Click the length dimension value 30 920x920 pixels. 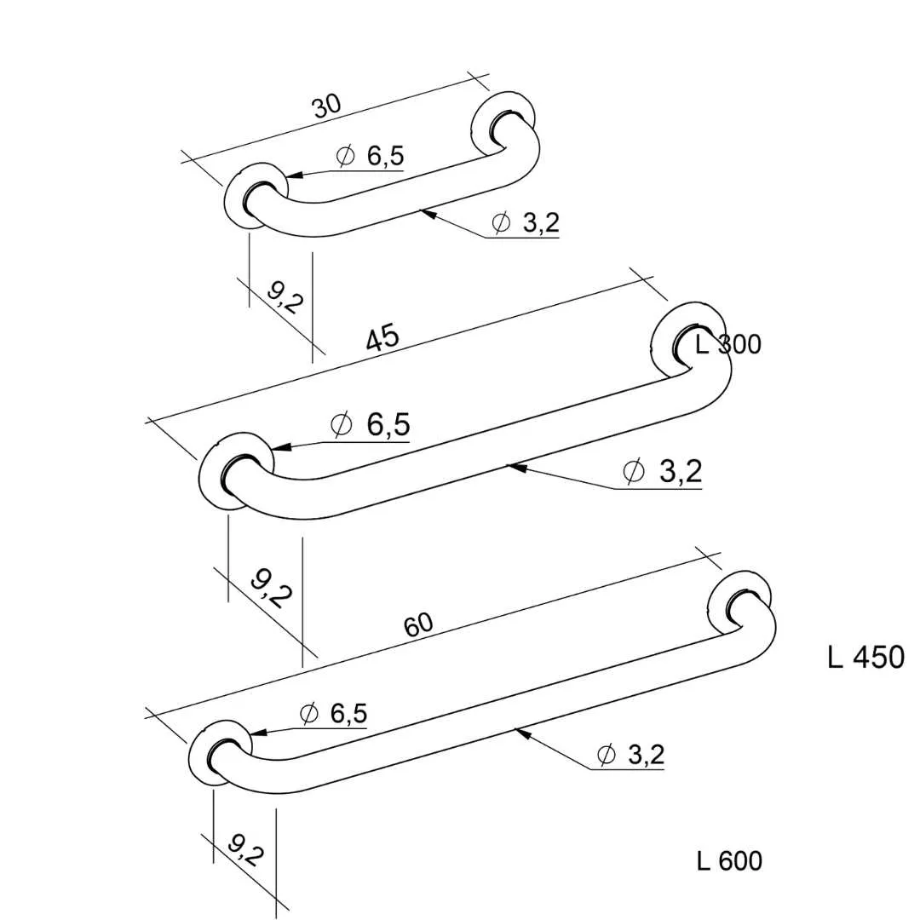(326, 106)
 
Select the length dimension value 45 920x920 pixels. (382, 338)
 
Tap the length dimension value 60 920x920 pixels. (418, 625)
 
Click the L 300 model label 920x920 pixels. (728, 344)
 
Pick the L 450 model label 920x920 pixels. (866, 657)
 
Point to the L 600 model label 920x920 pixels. (729, 860)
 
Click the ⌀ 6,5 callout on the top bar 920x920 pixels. (370, 156)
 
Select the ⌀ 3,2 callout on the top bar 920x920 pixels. (526, 222)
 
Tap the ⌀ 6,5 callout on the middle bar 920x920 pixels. (371, 424)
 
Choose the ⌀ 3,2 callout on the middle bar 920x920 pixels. (662, 471)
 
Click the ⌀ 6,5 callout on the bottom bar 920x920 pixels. (333, 714)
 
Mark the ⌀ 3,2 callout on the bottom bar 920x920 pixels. (630, 755)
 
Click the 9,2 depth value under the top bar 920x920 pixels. (285, 297)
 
